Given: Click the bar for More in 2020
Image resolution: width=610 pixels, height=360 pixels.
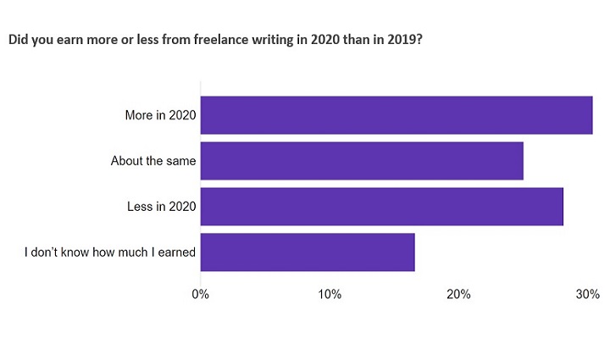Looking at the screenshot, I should click(x=396, y=115).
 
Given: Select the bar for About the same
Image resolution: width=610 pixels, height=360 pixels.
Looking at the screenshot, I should click(x=362, y=161).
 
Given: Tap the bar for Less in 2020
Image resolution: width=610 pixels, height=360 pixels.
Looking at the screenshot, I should click(x=381, y=207).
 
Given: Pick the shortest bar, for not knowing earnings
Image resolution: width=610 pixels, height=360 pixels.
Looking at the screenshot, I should click(x=308, y=252).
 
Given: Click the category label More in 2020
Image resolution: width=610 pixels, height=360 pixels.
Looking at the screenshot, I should click(x=160, y=115).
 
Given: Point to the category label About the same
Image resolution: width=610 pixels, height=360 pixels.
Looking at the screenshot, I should click(x=153, y=161).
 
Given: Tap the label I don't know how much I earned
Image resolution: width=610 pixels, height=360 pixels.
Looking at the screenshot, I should click(x=110, y=252).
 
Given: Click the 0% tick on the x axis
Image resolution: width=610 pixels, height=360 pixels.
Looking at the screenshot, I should click(x=201, y=295).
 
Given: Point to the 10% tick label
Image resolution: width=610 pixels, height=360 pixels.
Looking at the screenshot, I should click(x=330, y=295).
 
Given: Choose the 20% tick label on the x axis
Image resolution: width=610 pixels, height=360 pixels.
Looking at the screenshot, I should click(x=459, y=295).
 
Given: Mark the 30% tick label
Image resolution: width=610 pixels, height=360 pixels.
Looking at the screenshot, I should click(x=587, y=295).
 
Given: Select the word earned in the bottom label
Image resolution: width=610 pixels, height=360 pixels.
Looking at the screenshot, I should click(x=176, y=252).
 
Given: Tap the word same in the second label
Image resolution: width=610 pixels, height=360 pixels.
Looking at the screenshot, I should click(x=181, y=161).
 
